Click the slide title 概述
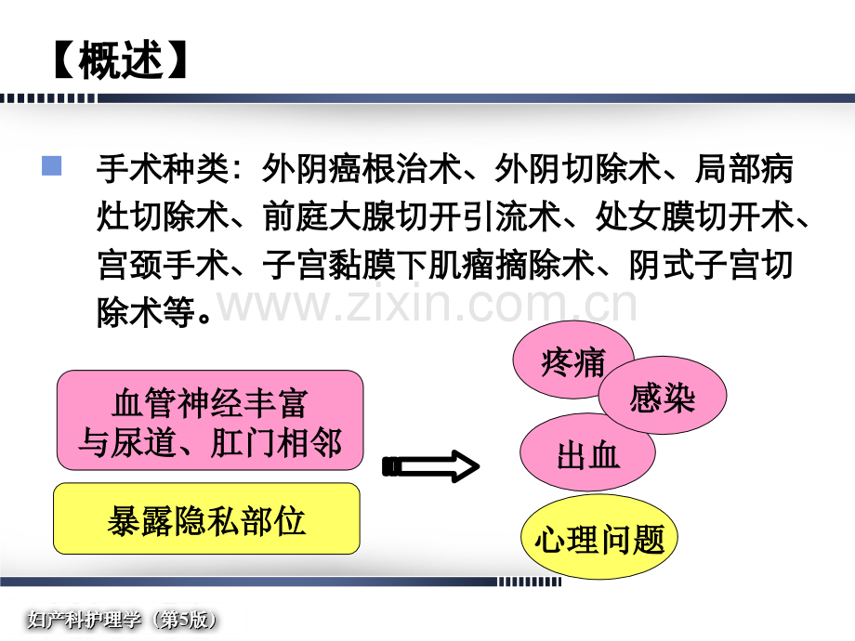(x=121, y=60)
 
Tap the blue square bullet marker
(x=51, y=165)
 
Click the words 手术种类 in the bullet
(x=163, y=169)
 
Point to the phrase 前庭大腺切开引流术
(x=413, y=217)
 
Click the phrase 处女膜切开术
(x=694, y=217)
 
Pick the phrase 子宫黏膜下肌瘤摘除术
(x=428, y=266)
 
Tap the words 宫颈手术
(x=163, y=266)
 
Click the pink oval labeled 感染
(x=663, y=396)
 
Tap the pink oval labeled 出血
(x=587, y=452)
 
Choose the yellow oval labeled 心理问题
(x=599, y=538)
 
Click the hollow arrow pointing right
(x=431, y=466)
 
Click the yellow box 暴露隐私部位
(x=206, y=518)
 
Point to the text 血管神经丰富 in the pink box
(x=210, y=403)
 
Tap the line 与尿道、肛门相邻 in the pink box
(x=210, y=442)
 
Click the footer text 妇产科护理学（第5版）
(x=124, y=620)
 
